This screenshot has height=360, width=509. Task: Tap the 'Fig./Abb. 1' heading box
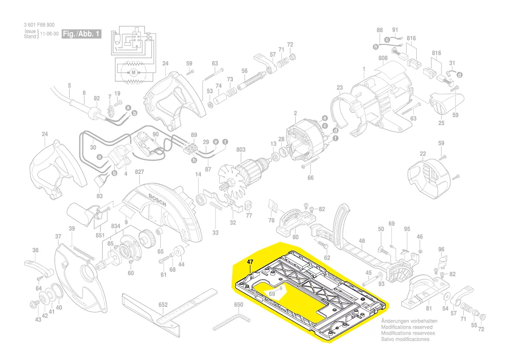tap(82, 34)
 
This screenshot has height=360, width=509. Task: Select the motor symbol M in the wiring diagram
tap(134, 71)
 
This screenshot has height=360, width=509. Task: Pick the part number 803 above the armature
tap(241, 149)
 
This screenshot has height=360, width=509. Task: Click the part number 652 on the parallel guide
tap(163, 305)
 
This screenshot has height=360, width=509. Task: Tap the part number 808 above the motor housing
tap(383, 58)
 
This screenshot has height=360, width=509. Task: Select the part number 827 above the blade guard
tap(139, 172)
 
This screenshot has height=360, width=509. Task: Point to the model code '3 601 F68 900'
tap(40, 26)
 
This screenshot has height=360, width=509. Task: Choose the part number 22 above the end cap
tap(422, 153)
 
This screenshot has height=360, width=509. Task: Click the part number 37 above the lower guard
tap(58, 236)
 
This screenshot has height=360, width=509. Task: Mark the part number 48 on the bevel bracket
tap(361, 241)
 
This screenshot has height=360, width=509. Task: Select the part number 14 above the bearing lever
tap(198, 175)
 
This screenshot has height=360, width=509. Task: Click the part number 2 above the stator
tap(295, 114)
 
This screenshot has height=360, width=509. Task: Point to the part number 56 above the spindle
tap(244, 71)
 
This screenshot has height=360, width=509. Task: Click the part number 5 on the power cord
tap(69, 85)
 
